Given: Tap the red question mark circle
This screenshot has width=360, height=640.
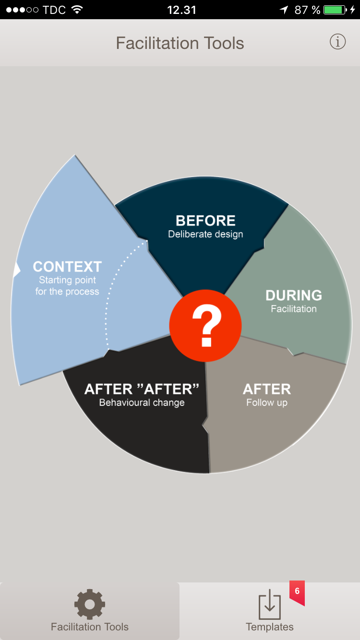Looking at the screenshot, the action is (x=205, y=326).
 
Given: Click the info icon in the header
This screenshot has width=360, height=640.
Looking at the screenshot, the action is (x=337, y=42).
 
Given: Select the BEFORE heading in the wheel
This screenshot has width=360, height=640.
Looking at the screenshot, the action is (x=205, y=221).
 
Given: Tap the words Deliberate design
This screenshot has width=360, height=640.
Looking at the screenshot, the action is (x=205, y=235).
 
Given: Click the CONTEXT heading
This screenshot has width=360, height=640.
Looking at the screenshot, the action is (x=67, y=267).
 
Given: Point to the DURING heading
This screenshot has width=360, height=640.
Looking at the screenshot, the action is (x=294, y=295).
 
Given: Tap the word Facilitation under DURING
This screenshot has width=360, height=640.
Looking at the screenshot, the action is (x=294, y=309).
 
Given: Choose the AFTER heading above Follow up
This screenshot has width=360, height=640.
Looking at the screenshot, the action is (x=267, y=389).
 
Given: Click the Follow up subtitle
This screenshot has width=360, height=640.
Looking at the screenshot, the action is (x=267, y=403).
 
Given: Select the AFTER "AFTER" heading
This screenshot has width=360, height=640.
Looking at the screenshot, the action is (x=142, y=389).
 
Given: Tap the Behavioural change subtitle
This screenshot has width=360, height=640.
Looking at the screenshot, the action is (x=142, y=403).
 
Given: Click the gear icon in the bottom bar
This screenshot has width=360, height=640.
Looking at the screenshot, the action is (x=90, y=604).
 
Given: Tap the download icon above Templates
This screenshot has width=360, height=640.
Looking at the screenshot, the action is (x=269, y=604).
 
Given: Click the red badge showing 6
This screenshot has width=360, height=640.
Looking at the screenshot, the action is (x=297, y=592).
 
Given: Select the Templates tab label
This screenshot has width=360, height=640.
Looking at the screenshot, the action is (x=269, y=627).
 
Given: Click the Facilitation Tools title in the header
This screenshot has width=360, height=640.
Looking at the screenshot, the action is (x=180, y=43).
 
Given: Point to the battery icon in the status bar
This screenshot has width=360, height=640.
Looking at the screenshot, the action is (x=335, y=10).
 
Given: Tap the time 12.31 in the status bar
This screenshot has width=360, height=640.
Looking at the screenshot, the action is (x=181, y=10).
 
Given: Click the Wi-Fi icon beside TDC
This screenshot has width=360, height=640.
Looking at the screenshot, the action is (x=77, y=10).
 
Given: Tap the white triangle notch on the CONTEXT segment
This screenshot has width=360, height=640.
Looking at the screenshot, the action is (x=17, y=269).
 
